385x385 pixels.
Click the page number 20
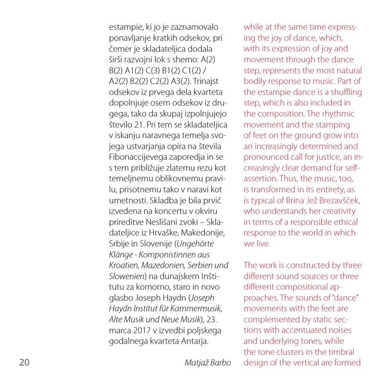pos(24,363)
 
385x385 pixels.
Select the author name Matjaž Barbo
pos(207,363)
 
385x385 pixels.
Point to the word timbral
pos(345,352)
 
